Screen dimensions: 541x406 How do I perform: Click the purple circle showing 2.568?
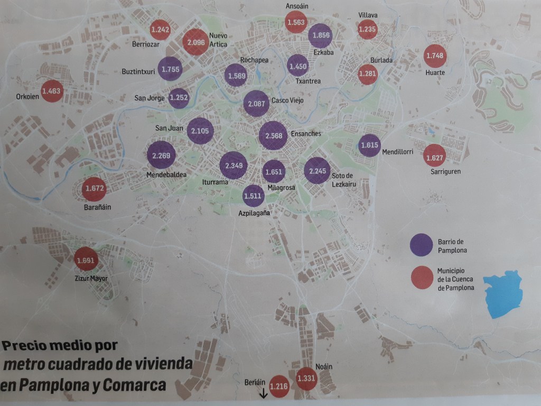[x=274, y=135]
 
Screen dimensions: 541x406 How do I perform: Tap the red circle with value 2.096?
[x=196, y=42]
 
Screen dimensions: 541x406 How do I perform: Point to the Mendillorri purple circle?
[x=369, y=145]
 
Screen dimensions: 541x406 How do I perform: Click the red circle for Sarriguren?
[x=435, y=155]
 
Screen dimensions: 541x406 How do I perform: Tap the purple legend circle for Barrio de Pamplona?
[x=421, y=244]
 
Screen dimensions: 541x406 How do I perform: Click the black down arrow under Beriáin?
[x=263, y=393]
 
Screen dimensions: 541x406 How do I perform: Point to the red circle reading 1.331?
[x=307, y=378]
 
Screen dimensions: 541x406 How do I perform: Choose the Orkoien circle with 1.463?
[x=52, y=91]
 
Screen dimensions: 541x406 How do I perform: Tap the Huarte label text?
[x=435, y=72]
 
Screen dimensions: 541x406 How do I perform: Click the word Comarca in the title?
[x=134, y=385]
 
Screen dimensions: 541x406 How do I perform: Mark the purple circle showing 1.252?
[x=179, y=98]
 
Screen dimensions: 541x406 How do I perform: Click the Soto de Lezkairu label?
[x=342, y=180]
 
